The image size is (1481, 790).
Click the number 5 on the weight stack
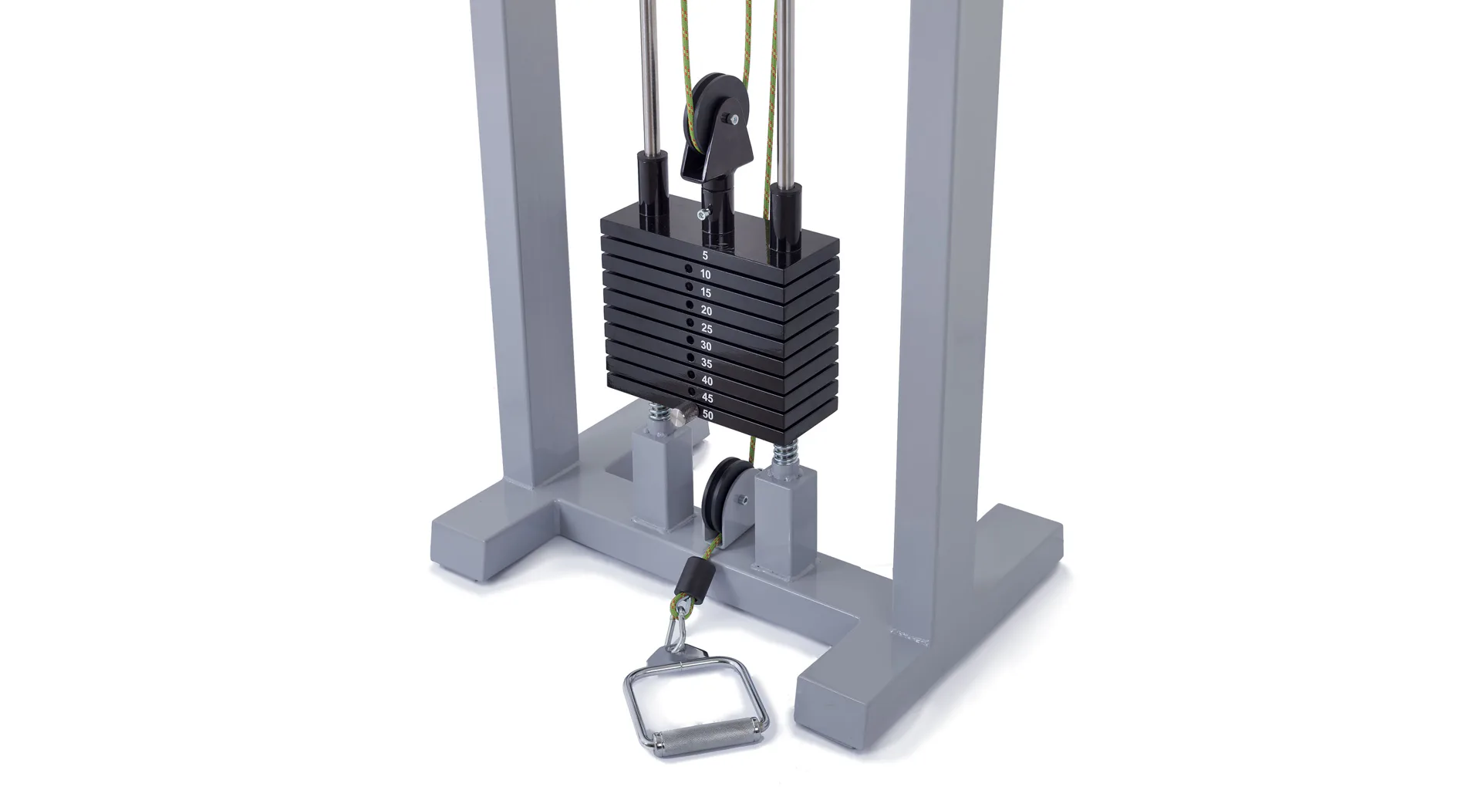point(704,255)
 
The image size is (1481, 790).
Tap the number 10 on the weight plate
point(705,275)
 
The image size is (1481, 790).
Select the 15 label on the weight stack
point(706,292)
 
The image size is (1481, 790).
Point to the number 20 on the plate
point(706,311)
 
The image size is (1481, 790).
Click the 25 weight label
point(706,329)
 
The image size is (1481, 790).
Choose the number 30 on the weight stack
point(706,346)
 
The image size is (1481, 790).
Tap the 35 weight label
point(707,363)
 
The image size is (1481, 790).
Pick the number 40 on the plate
point(707,381)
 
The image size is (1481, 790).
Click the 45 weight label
point(707,398)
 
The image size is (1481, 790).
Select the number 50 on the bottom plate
point(708,415)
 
